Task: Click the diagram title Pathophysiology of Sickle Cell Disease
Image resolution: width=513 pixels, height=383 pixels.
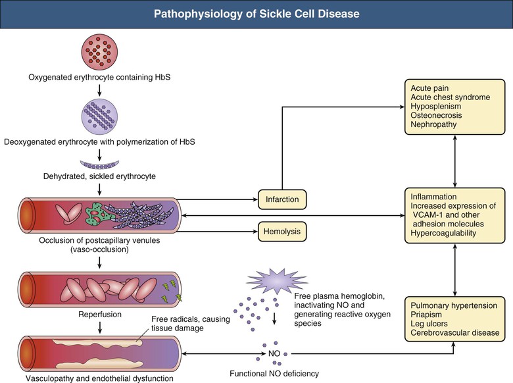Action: (x=256, y=14)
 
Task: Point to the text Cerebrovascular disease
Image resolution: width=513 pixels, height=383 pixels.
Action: (x=454, y=334)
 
